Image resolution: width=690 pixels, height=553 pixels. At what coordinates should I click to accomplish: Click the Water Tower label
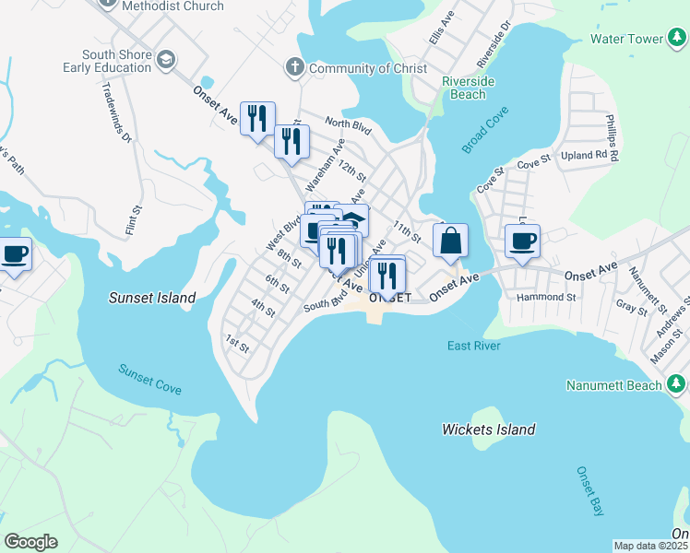[x=626, y=40]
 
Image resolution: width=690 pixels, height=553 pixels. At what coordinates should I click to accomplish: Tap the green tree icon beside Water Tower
[x=676, y=40]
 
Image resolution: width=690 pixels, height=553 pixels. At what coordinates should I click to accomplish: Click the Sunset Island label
[x=152, y=298]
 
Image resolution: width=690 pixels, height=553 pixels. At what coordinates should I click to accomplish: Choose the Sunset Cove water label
[x=149, y=379]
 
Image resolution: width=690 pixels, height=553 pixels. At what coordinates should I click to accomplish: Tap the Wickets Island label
[x=488, y=429]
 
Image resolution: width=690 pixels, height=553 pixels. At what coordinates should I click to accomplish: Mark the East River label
[x=473, y=346]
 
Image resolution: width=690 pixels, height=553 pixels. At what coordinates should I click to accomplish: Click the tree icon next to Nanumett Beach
[x=676, y=384]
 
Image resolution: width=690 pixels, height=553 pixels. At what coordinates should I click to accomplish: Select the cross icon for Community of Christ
[x=294, y=67]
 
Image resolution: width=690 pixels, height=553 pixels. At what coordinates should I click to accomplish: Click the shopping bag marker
[x=450, y=241]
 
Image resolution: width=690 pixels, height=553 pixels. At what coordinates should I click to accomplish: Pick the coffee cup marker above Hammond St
[x=522, y=241]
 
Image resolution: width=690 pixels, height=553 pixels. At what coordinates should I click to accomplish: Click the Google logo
[x=30, y=542]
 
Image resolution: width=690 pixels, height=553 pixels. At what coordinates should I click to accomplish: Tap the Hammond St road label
[x=546, y=298]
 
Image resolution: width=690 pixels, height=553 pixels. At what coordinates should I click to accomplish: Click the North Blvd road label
[x=347, y=124]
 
